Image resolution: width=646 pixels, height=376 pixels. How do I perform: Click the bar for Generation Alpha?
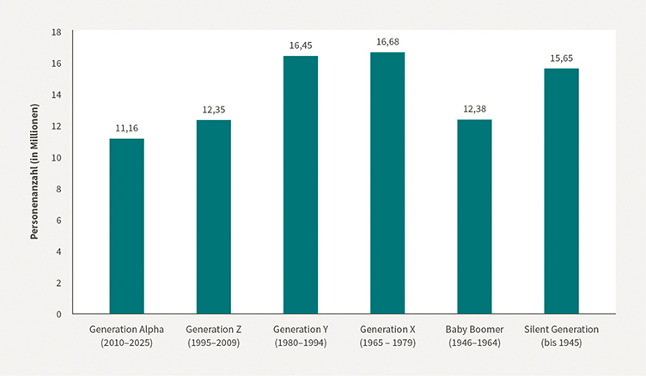(x=126, y=226)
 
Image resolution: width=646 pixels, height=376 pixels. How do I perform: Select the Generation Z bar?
(x=213, y=216)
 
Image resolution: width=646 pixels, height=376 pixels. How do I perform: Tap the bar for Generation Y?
(x=301, y=185)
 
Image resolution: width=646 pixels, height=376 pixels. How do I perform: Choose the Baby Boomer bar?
(x=474, y=216)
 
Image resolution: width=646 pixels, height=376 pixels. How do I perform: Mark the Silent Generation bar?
(x=561, y=191)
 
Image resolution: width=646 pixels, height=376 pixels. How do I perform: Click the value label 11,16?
(x=126, y=128)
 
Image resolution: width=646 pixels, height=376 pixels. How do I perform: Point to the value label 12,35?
(x=213, y=109)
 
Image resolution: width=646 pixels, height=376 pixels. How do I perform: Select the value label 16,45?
(x=301, y=45)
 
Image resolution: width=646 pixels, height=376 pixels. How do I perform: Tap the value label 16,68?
(x=387, y=41)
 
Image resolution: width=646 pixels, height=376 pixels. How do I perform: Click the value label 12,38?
(x=474, y=109)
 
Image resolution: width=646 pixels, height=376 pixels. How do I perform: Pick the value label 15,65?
(x=561, y=58)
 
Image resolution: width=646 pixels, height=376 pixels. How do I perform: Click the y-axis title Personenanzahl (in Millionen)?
(x=35, y=173)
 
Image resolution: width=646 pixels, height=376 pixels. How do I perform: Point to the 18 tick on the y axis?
(x=57, y=32)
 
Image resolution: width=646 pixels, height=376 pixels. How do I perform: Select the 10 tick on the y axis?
(x=57, y=157)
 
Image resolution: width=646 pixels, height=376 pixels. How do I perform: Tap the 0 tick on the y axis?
(x=59, y=314)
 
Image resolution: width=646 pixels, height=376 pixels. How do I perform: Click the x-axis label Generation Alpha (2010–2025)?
(x=126, y=335)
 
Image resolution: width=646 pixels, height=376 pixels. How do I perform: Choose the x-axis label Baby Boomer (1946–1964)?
(x=474, y=335)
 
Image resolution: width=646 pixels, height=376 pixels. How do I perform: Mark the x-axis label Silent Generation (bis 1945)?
(x=561, y=335)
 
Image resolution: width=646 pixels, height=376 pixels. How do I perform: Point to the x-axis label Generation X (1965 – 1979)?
(x=387, y=335)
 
